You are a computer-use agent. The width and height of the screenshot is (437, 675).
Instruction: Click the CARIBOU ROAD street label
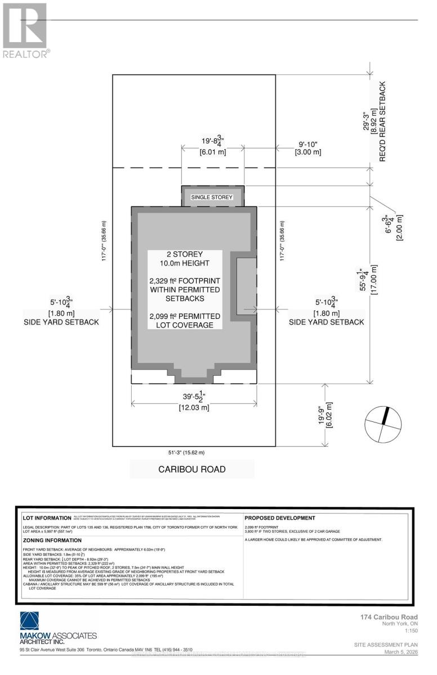pos(191,469)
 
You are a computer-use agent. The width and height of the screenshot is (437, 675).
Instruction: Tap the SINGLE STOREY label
pos(212,197)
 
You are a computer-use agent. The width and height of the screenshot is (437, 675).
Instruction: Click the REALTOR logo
pos(25,31)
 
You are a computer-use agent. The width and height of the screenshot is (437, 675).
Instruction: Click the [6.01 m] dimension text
pos(212,152)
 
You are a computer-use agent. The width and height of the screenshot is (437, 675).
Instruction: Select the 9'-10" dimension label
pos(309,143)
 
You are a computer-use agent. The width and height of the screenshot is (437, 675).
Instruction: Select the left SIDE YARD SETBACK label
pos(61,322)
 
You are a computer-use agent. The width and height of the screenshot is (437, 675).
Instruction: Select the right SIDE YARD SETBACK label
pos(326,322)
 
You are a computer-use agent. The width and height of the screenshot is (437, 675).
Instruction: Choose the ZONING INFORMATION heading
pos(52,540)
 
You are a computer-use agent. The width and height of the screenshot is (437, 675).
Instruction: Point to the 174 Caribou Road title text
pos(389,617)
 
